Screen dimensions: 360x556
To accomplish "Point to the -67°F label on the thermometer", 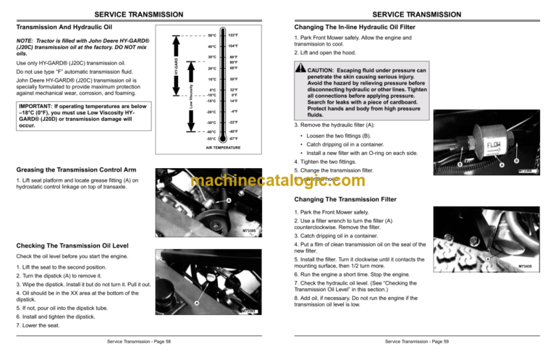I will [x=235, y=138].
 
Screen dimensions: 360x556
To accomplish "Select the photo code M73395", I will [x=248, y=231].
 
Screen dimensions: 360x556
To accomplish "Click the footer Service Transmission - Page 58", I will [x=138, y=341].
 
